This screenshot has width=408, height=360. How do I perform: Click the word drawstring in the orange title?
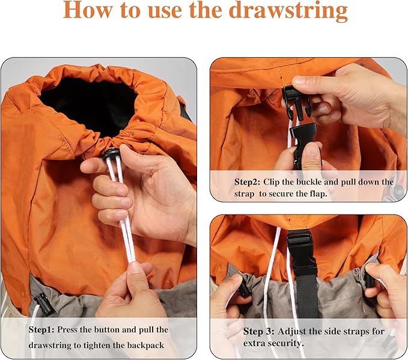288,10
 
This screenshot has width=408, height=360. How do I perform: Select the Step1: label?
41,329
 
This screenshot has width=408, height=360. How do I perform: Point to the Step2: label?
247,182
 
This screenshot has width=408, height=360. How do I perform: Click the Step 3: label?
258,331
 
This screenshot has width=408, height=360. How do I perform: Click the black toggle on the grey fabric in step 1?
43,305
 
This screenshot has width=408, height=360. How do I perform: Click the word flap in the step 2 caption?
317,194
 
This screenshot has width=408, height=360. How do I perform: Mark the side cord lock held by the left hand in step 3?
243,289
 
